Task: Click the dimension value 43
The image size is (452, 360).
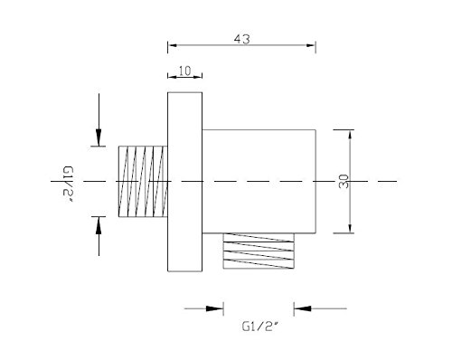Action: (242, 39)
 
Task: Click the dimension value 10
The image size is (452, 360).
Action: (185, 71)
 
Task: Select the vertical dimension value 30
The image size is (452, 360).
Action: (344, 182)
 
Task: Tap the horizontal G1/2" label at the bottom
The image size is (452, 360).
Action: (259, 327)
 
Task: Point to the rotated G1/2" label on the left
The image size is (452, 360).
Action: (68, 185)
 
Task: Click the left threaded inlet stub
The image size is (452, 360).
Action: (143, 182)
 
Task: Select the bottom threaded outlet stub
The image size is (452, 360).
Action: (259, 251)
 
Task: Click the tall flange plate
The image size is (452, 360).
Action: (184, 182)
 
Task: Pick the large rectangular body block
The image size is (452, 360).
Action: (259, 182)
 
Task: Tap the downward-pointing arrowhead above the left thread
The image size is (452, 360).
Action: (99, 137)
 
